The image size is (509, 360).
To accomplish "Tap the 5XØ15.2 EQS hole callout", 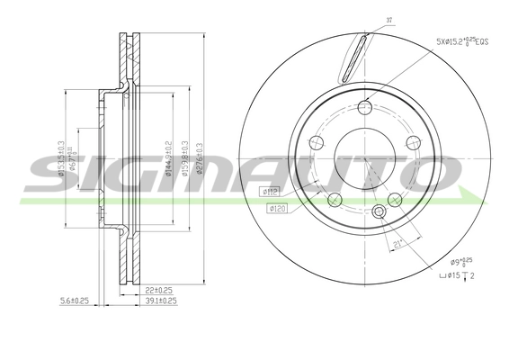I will click(463, 40).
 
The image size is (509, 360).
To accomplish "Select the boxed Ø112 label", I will click(269, 191).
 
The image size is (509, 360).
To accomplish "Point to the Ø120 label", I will click(278, 209).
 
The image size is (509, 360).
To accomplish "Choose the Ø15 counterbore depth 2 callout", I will click(459, 276).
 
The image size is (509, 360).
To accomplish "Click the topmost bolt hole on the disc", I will click(364, 109).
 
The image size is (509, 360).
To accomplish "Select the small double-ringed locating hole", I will click(379, 212).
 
